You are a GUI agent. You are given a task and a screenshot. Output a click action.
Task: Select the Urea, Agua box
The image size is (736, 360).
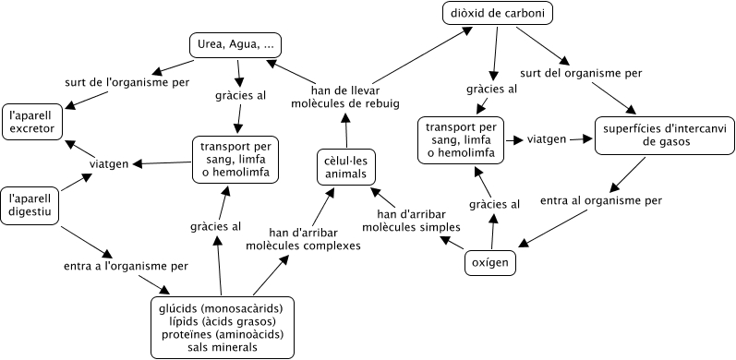(x=235, y=45)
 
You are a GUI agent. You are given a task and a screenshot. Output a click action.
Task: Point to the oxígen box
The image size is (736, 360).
(x=490, y=263)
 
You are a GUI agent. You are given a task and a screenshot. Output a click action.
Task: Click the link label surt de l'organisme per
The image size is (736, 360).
(x=128, y=82)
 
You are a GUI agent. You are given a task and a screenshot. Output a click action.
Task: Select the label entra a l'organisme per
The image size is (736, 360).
(x=126, y=266)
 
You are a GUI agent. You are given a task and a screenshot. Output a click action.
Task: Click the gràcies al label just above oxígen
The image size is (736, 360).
(x=494, y=204)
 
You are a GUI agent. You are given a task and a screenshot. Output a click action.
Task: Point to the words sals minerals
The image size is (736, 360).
(x=219, y=347)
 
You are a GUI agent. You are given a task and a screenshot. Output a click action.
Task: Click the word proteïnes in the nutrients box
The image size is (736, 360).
(x=191, y=334)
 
